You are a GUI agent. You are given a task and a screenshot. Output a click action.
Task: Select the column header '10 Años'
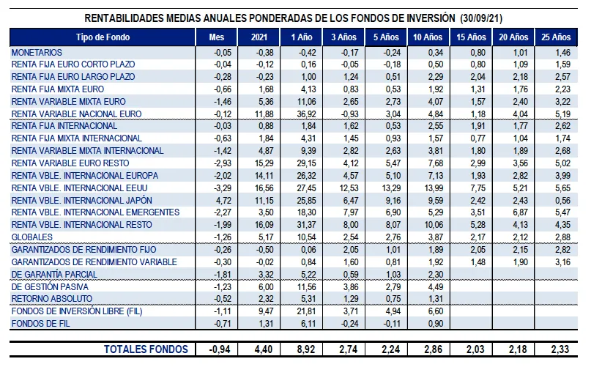click(428, 37)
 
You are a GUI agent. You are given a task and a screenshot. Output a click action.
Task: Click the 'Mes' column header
click(217, 37)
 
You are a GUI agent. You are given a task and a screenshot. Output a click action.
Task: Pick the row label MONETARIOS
click(37, 53)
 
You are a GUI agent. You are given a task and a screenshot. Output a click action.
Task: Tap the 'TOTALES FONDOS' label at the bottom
click(146, 349)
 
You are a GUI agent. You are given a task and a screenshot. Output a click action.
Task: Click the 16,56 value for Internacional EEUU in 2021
click(261, 188)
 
